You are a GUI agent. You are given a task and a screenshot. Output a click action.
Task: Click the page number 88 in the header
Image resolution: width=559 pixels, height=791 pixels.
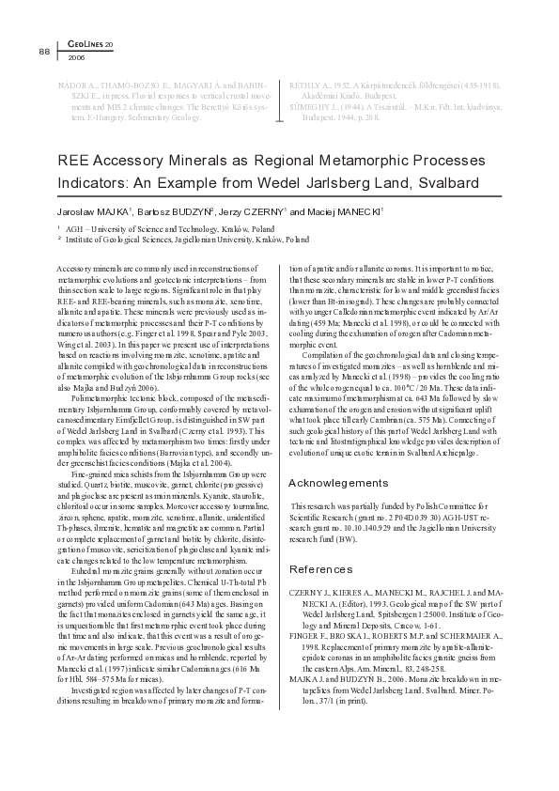coord(43,51)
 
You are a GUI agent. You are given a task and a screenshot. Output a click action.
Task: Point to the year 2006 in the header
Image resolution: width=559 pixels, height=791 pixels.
coord(76,57)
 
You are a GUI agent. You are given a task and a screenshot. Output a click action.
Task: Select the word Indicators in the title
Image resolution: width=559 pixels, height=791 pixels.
coord(94,182)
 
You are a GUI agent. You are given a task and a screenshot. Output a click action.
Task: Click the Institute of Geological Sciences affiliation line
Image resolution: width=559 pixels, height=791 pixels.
coord(188,240)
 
